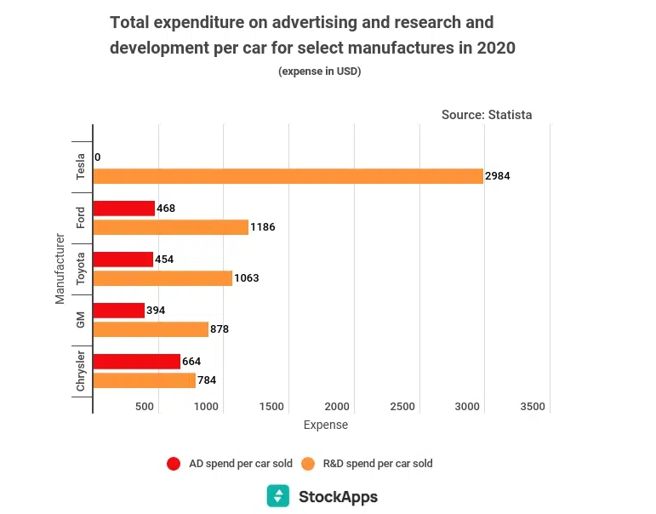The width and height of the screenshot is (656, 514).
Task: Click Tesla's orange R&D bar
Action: [288, 176]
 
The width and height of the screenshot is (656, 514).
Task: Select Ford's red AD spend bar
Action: [124, 208]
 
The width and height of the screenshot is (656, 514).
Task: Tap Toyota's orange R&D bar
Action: [163, 278]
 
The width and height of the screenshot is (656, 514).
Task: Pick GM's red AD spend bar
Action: [119, 311]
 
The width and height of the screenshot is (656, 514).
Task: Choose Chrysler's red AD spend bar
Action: [137, 362]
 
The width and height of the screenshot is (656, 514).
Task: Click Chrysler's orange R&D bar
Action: [144, 380]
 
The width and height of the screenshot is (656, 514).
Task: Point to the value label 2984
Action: [497, 176]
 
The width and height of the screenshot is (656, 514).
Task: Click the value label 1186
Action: [263, 227]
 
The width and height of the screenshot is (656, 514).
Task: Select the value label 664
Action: [191, 362]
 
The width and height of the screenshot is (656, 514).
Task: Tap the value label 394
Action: [156, 311]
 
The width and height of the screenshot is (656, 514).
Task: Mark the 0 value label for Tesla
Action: [98, 157]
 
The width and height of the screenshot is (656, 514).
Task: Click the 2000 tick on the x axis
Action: [337, 407]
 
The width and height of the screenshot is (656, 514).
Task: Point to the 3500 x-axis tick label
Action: [532, 407]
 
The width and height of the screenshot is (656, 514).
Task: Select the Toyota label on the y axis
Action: [81, 269]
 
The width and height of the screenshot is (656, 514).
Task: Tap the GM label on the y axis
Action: [81, 320]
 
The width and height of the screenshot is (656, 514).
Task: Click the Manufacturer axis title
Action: [60, 268]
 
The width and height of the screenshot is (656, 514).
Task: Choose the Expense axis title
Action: [325, 425]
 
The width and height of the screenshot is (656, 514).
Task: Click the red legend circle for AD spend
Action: [174, 464]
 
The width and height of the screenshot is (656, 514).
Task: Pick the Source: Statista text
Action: [487, 115]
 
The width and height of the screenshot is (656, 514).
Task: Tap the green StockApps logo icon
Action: [277, 496]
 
